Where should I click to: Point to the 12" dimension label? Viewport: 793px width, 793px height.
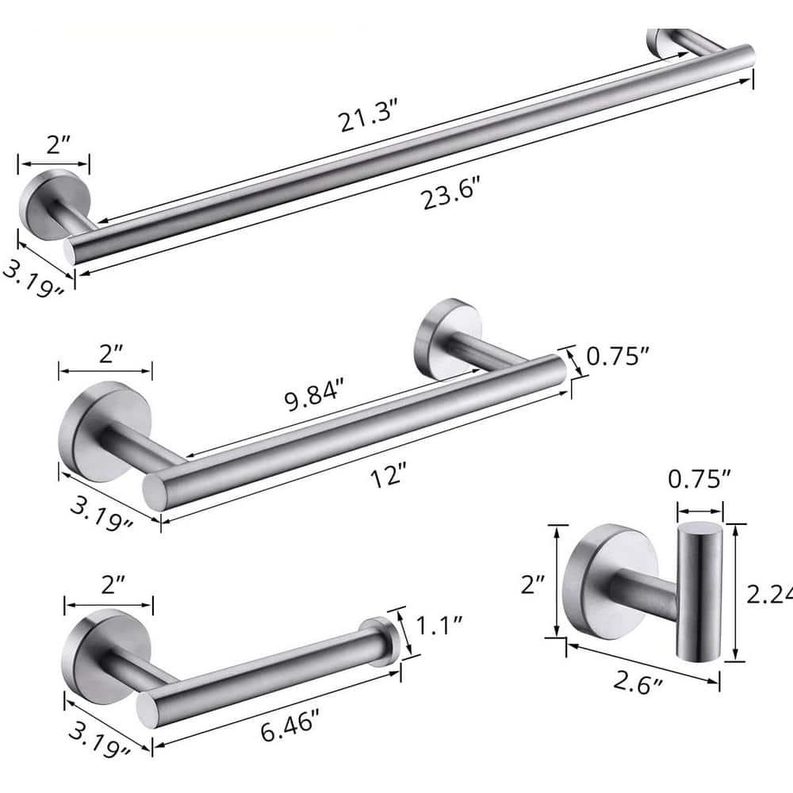pos(389,477)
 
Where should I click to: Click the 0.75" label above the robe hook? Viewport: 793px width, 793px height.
pos(699,480)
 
